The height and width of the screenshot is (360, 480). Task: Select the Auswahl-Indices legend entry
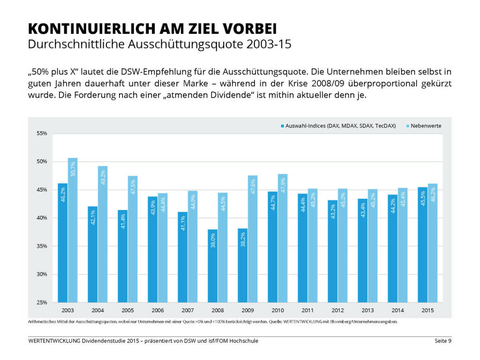[x=338, y=126]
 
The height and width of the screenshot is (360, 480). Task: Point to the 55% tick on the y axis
[x=42, y=134]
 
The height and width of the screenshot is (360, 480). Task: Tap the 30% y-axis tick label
[x=42, y=274]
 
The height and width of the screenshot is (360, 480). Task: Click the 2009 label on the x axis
[x=247, y=310]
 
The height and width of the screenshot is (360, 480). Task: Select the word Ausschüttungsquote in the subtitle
[x=195, y=45]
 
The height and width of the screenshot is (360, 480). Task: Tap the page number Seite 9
[x=442, y=341]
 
